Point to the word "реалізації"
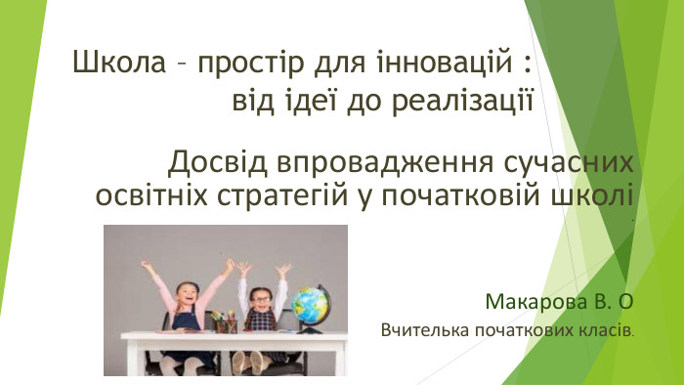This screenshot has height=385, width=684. (x=468, y=101)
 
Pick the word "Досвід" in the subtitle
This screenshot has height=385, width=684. (x=209, y=160)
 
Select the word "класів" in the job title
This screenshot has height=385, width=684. (x=607, y=331)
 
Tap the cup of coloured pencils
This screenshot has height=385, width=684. (x=226, y=321)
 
